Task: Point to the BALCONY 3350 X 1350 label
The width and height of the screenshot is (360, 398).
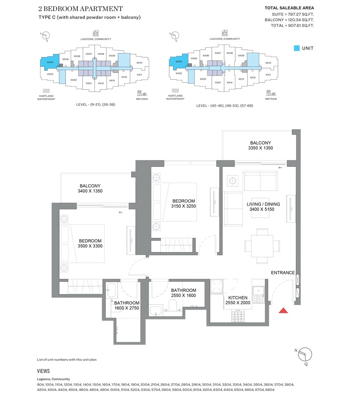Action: point(260,145)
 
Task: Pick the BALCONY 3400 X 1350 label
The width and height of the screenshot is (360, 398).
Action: point(90,189)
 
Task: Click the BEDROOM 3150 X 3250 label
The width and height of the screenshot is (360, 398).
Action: point(183,203)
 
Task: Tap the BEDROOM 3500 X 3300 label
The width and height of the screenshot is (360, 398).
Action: point(91,243)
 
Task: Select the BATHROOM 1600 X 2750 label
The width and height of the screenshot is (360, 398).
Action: point(127,306)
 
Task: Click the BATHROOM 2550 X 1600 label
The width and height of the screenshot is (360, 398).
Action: point(183,293)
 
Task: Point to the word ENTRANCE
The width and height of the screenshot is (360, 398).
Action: point(283,273)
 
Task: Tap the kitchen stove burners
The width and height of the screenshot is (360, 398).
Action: point(237,314)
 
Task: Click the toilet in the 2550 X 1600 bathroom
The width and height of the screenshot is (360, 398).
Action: point(173,305)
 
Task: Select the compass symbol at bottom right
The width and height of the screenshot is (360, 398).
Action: point(305,355)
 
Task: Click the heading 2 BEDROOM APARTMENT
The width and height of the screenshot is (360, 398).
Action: point(80,9)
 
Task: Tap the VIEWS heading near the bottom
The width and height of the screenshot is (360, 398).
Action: point(43,371)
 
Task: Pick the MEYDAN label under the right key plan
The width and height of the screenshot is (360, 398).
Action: point(271,99)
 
